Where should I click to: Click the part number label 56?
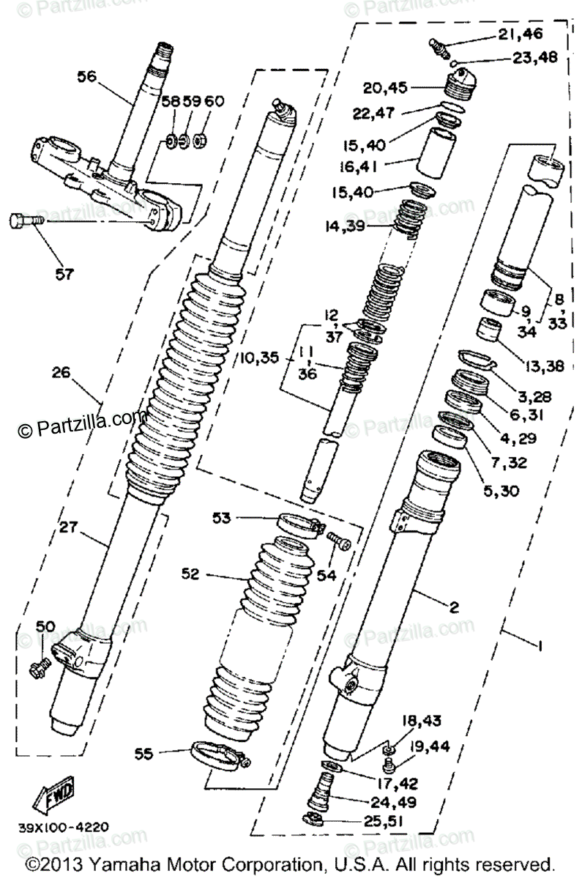[87, 75]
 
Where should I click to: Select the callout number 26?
[61, 372]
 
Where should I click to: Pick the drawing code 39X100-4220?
[64, 827]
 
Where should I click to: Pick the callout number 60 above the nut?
[212, 101]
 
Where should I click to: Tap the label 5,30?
[501, 491]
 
